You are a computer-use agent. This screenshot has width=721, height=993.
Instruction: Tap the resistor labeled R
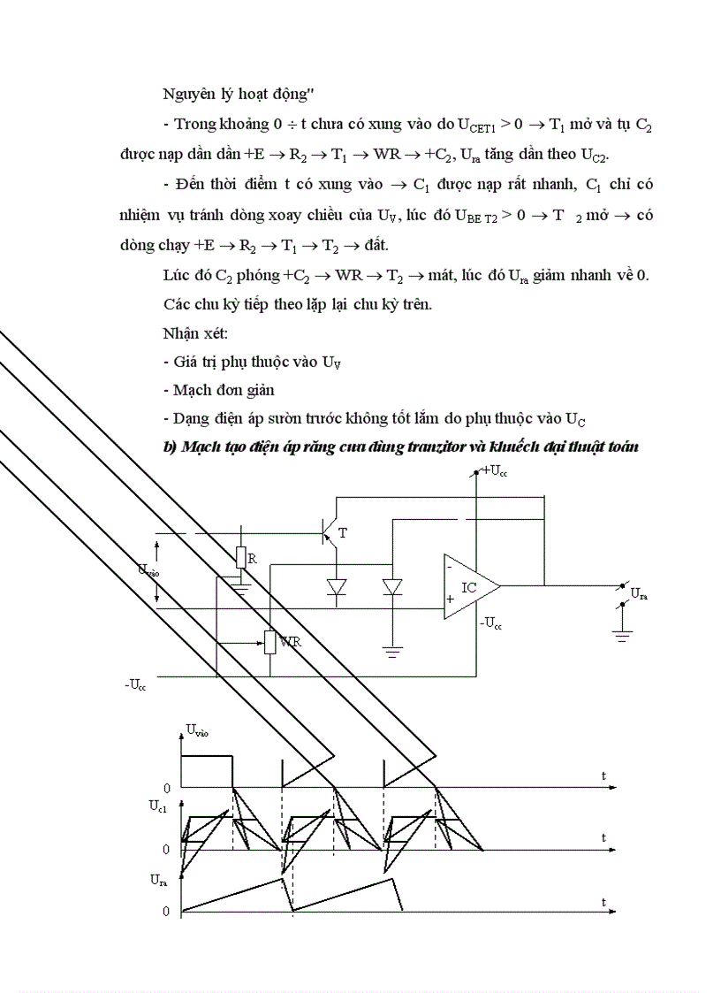pos(241,557)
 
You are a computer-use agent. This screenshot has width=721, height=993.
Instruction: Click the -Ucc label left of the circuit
pos(136,684)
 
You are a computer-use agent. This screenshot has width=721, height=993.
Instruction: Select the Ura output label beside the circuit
pos(639,597)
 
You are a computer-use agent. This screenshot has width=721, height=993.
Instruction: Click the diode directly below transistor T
pos(336,587)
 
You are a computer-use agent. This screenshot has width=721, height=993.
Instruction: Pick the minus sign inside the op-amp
pos(450,567)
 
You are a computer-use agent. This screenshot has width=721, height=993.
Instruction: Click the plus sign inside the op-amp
pos(450,599)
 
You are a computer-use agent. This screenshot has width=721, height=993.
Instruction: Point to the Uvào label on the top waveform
pos(197,730)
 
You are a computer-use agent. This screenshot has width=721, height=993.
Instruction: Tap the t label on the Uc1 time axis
pos(603,836)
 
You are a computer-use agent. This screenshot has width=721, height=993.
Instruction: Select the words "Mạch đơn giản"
pos(224,389)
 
